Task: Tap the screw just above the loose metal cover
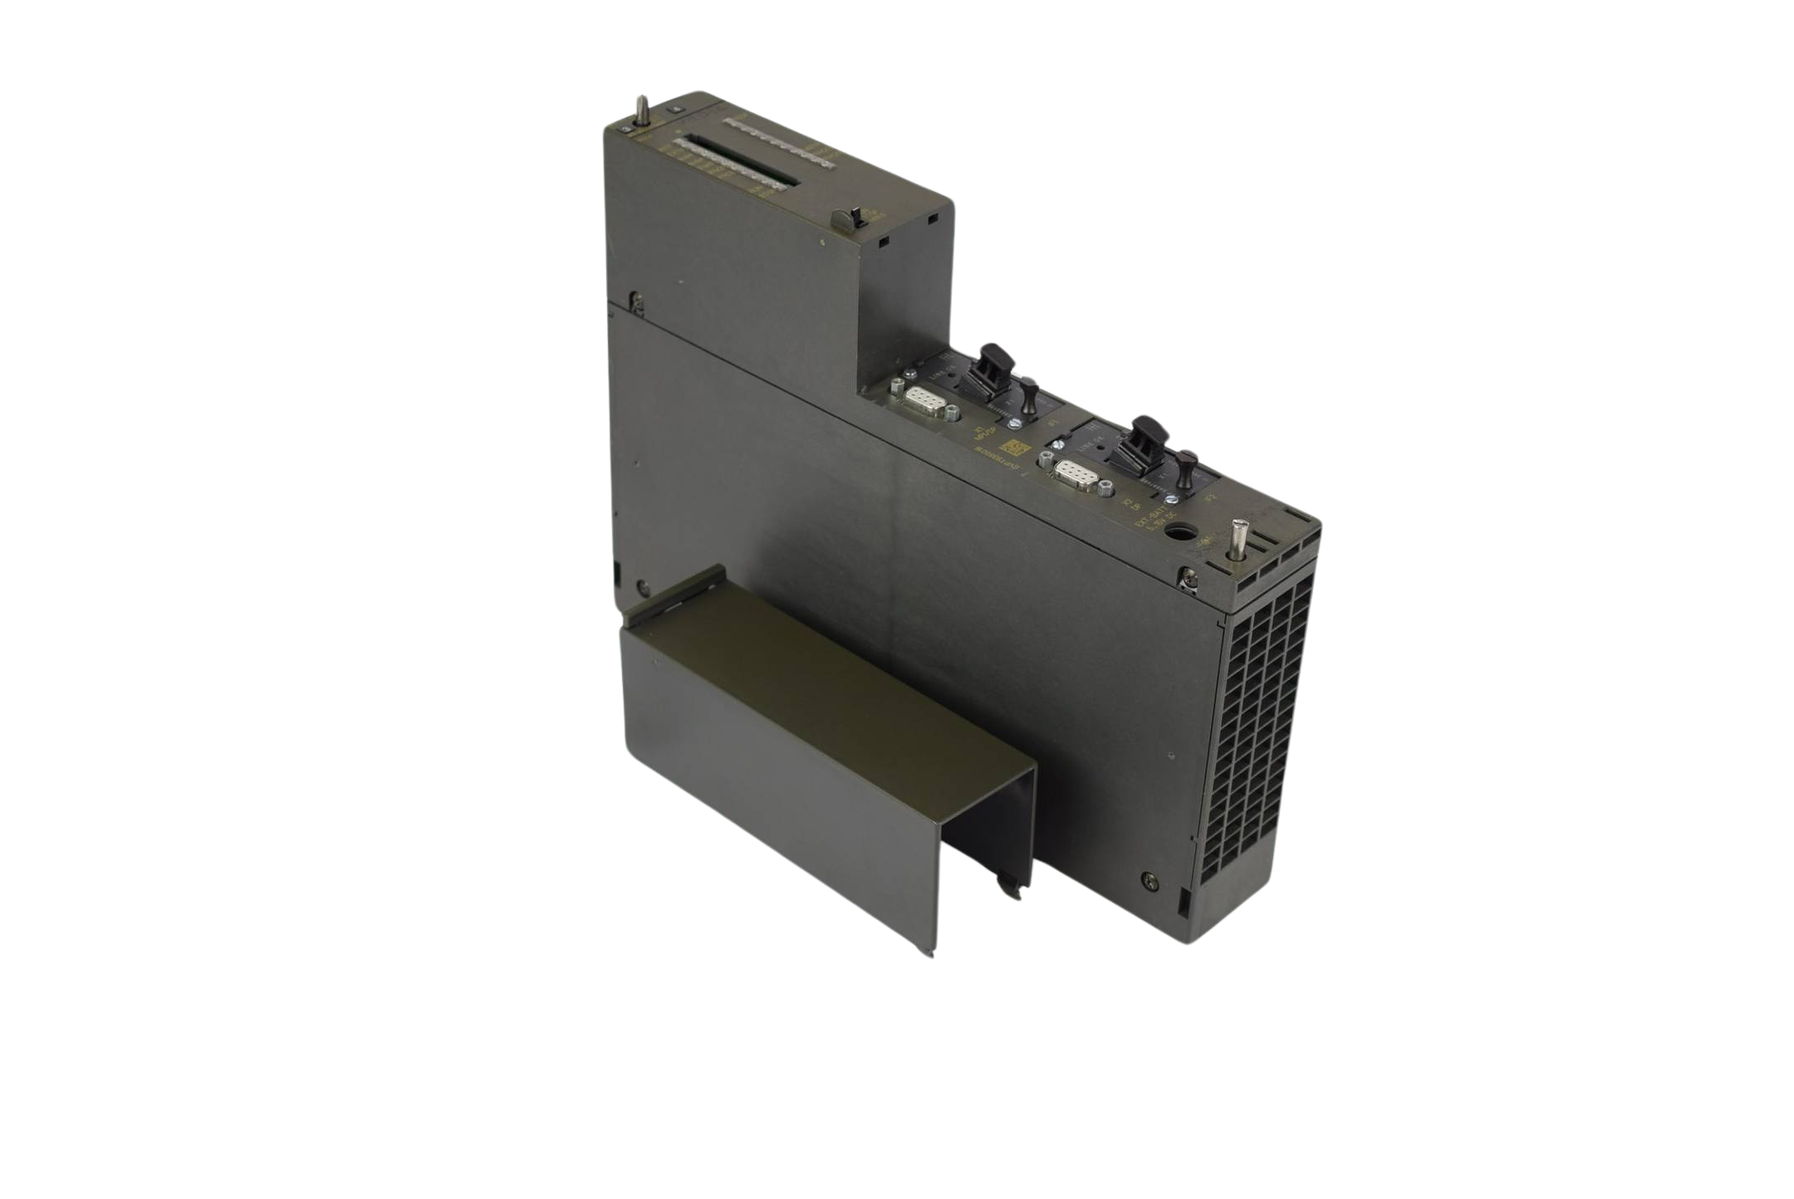click(644, 587)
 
